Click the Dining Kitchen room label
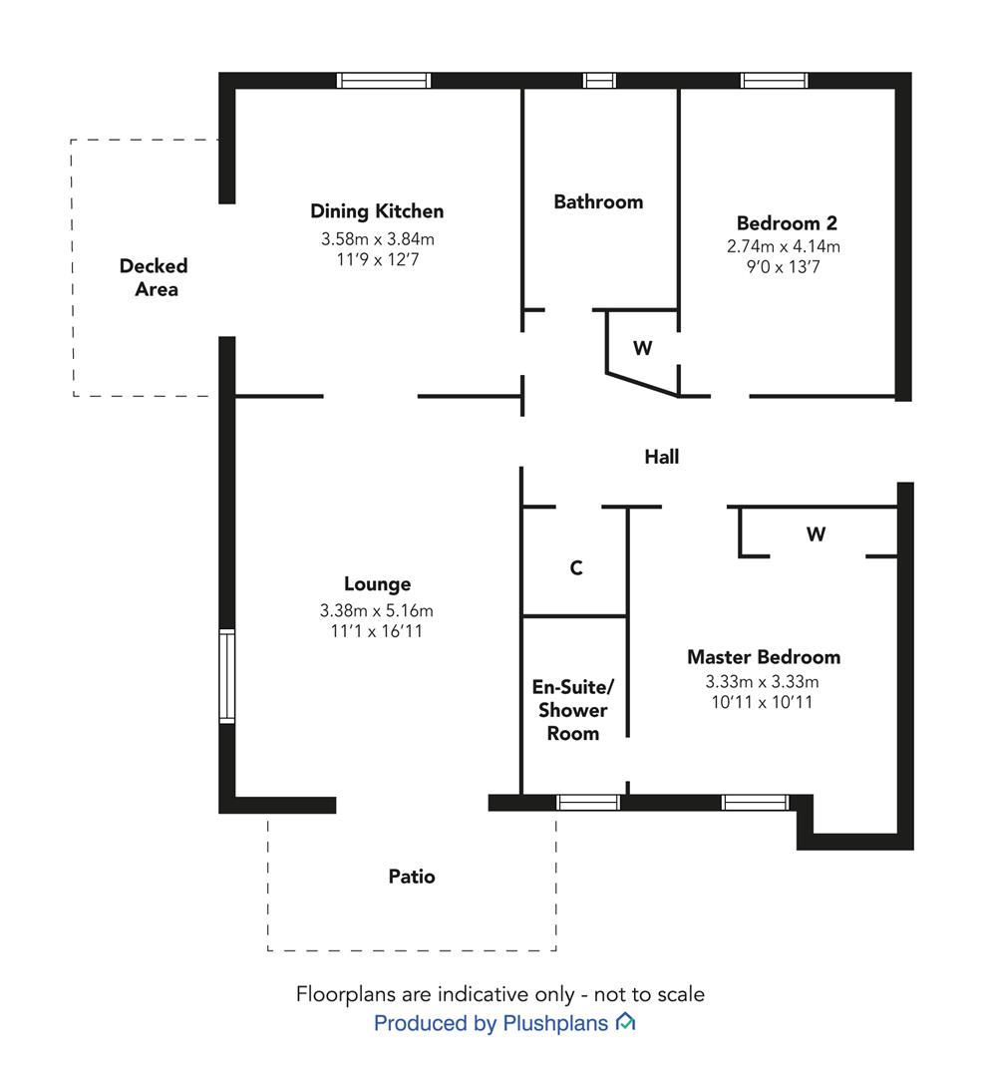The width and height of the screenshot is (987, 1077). point(377,211)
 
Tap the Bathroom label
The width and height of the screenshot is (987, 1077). point(598,201)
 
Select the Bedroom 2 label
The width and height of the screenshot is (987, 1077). point(787,223)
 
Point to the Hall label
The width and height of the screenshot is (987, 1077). point(661,457)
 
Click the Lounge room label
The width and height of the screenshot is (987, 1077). point(377,584)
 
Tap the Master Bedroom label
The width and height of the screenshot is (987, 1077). point(764,657)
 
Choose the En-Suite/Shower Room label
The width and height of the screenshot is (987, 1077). point(573,710)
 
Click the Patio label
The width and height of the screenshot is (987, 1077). point(412,877)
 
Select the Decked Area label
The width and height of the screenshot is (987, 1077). point(154,277)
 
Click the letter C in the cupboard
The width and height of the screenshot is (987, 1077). point(576,568)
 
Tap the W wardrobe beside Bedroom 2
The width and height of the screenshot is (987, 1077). point(642,348)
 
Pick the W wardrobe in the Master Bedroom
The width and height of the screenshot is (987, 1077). point(816,535)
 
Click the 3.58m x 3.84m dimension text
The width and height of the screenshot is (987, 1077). point(377,239)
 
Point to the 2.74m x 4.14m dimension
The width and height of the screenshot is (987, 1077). point(783,246)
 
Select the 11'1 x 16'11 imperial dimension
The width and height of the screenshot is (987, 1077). point(377,631)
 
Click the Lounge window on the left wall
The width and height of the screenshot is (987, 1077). point(226,676)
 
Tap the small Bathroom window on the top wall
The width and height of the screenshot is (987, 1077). point(599,81)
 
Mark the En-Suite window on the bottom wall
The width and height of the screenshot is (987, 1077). point(588,802)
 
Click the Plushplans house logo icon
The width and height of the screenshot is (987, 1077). point(626,1022)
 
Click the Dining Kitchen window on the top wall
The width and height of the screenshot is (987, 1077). point(384,81)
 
